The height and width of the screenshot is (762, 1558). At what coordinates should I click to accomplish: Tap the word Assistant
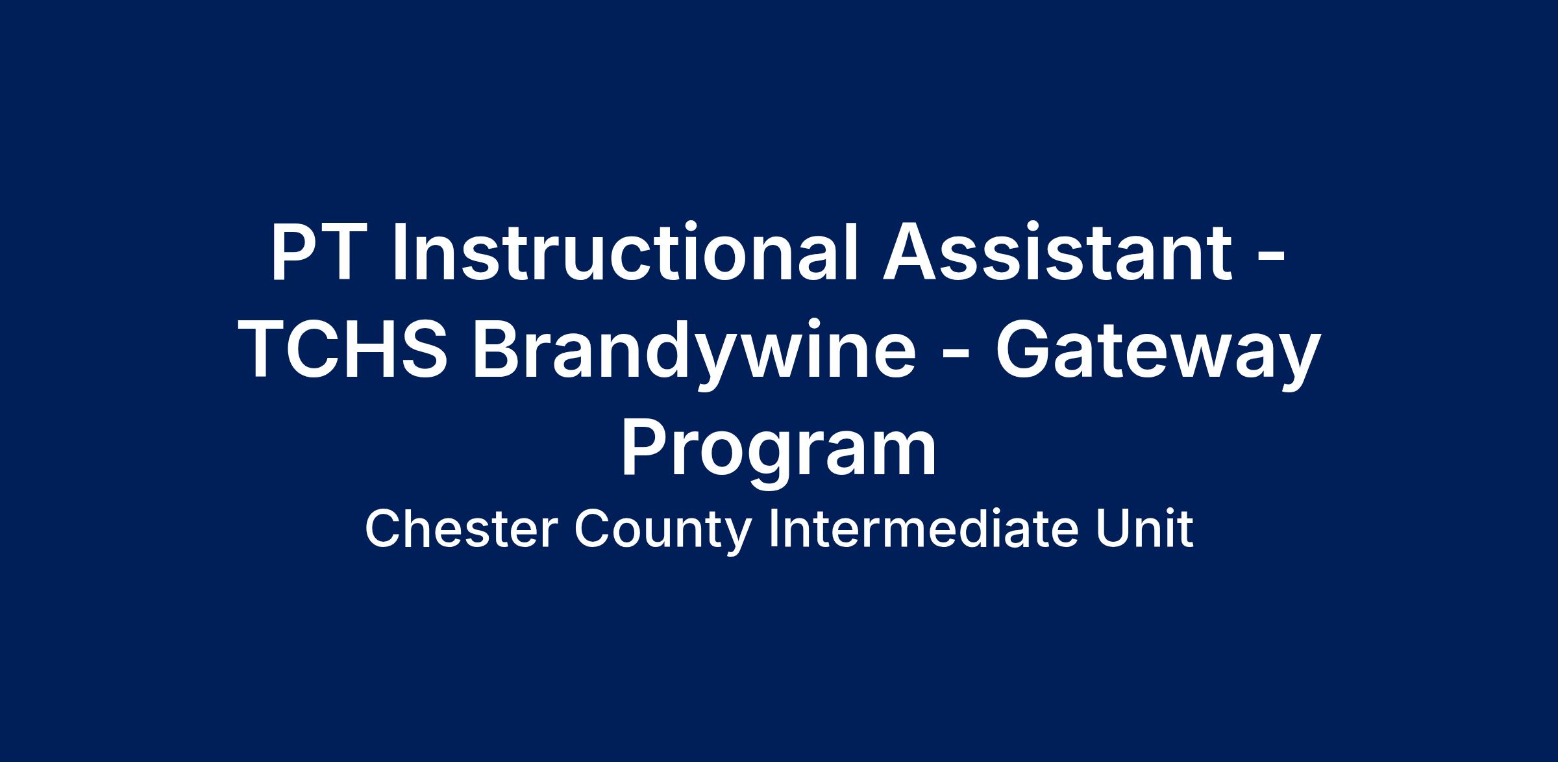pyautogui.click(x=1057, y=252)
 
